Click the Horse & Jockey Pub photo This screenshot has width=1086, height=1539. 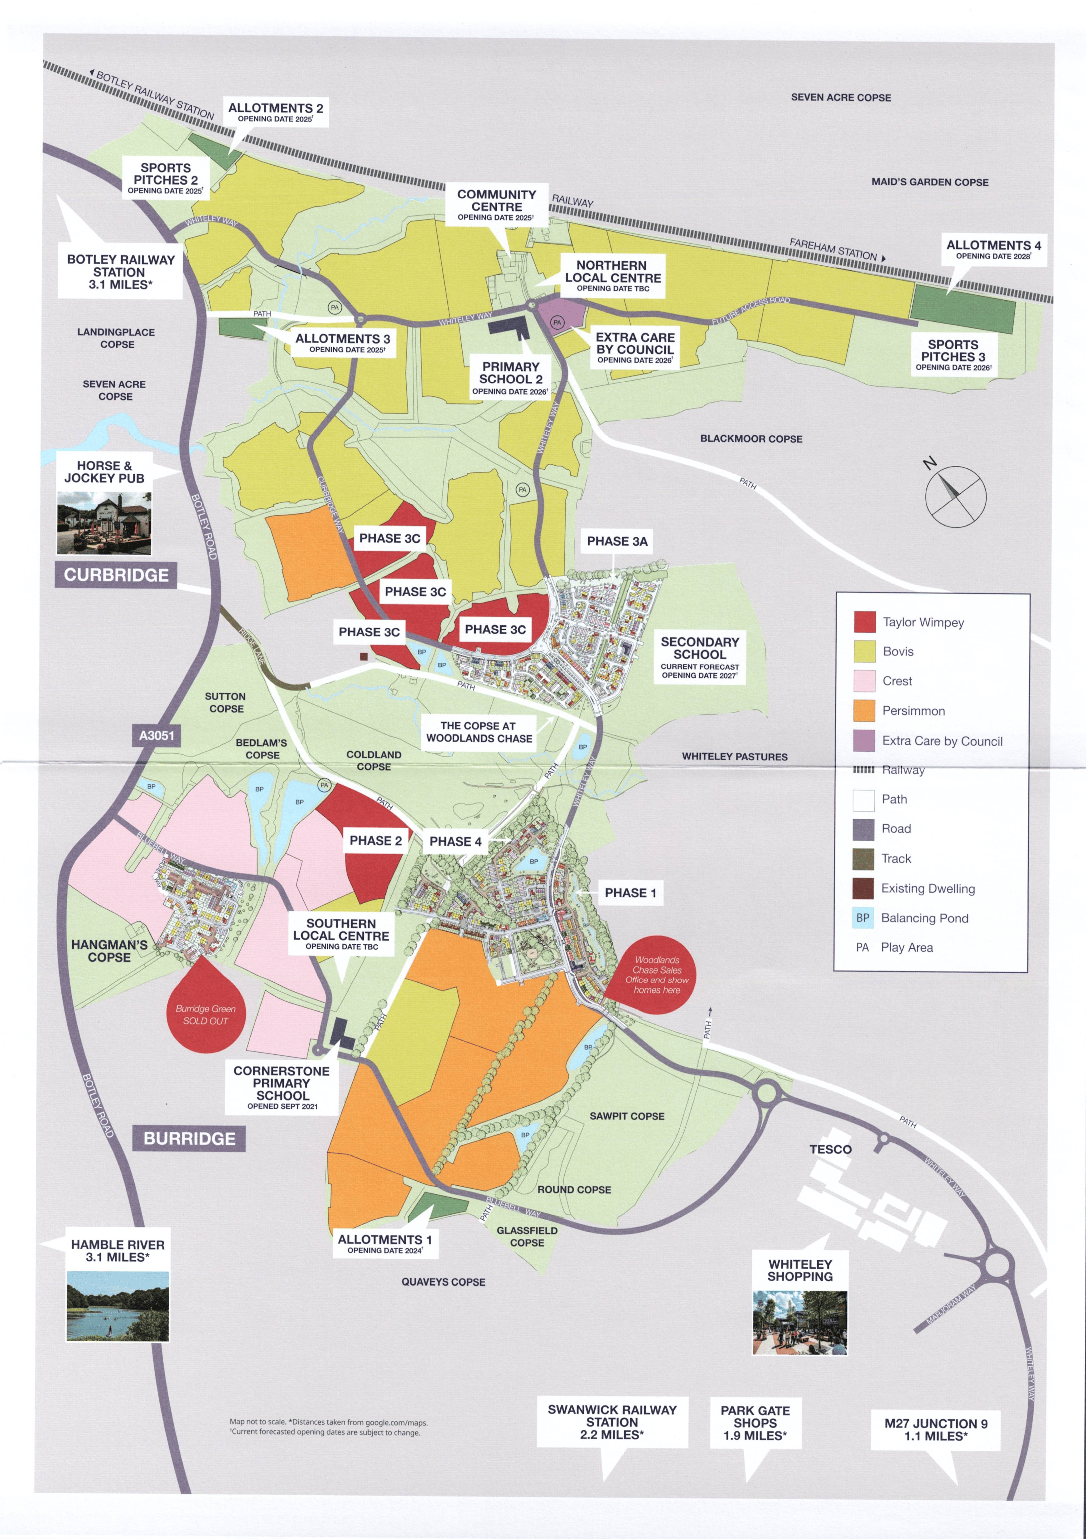point(104,523)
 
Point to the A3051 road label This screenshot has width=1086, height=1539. point(156,735)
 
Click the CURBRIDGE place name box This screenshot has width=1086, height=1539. point(116,575)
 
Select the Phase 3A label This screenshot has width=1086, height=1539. point(617,541)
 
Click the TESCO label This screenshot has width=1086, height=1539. point(830,1149)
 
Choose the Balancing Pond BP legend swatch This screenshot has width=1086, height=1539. point(863,918)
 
